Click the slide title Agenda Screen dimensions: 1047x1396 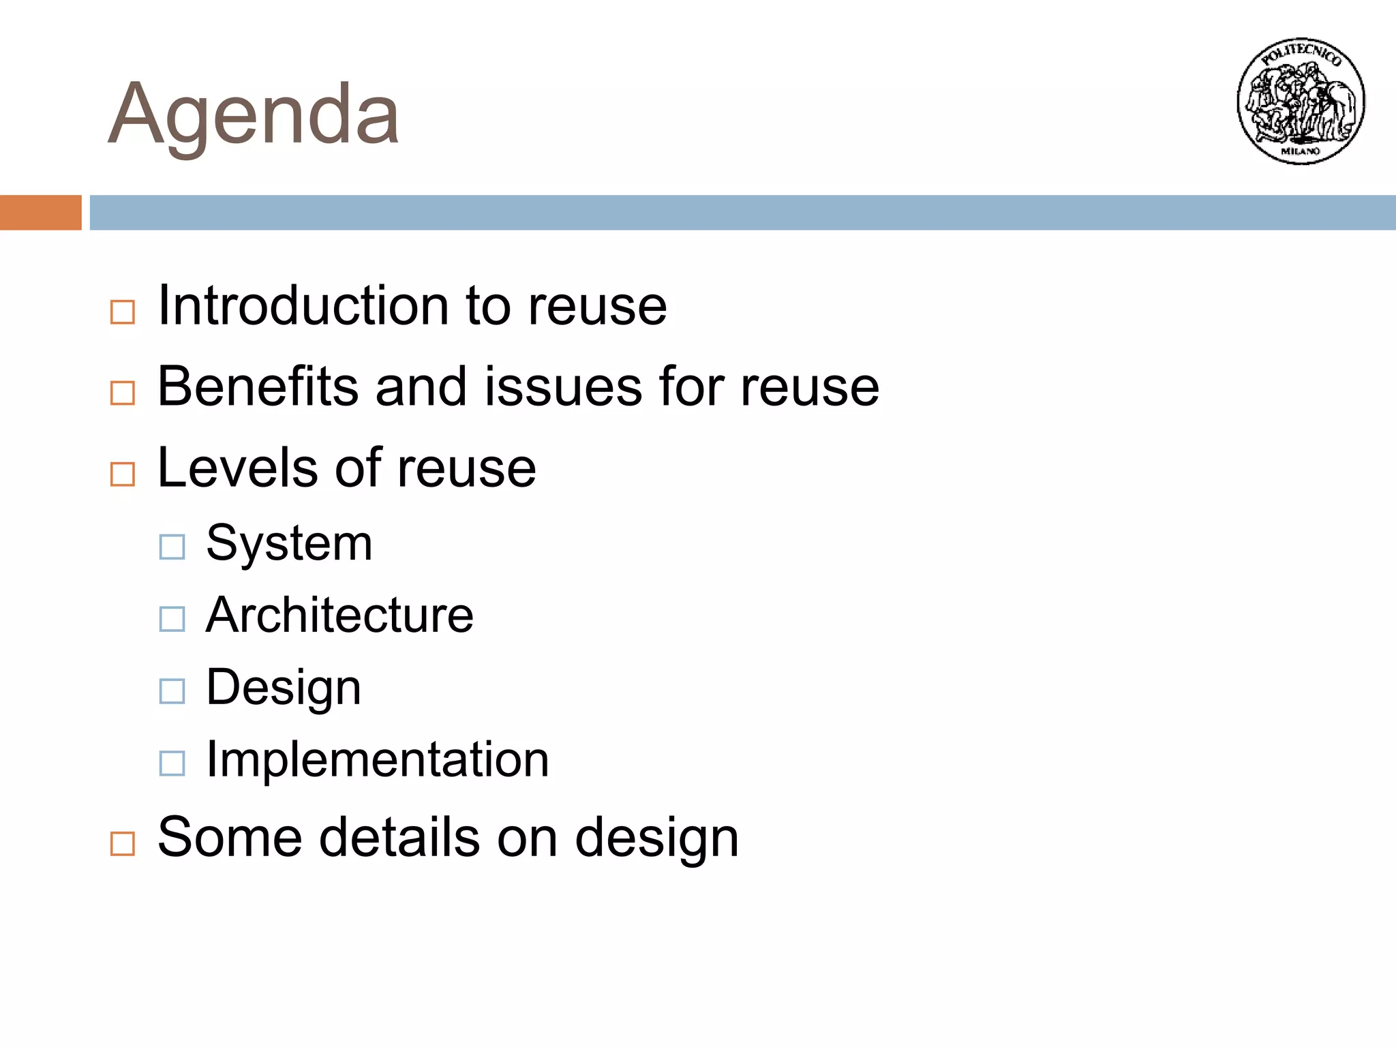click(x=254, y=115)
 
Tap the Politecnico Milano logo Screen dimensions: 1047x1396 click(x=1301, y=101)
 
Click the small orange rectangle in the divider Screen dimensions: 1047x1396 click(x=40, y=213)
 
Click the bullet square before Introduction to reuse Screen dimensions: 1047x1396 click(x=123, y=312)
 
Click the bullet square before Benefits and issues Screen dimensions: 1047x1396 click(x=123, y=393)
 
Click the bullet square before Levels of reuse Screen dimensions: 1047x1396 click(x=123, y=474)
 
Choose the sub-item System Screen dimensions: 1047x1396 click(x=289, y=543)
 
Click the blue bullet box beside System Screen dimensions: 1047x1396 click(x=172, y=547)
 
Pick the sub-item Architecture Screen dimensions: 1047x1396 click(x=339, y=615)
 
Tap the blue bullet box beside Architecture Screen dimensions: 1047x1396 click(x=172, y=619)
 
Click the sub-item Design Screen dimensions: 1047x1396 click(x=284, y=687)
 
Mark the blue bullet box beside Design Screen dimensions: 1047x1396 click(x=172, y=691)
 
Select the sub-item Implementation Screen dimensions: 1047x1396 click(x=377, y=759)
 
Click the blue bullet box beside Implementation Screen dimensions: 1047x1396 click(x=172, y=763)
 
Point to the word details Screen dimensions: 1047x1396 click(x=399, y=837)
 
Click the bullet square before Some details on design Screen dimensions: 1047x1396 click(x=123, y=844)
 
